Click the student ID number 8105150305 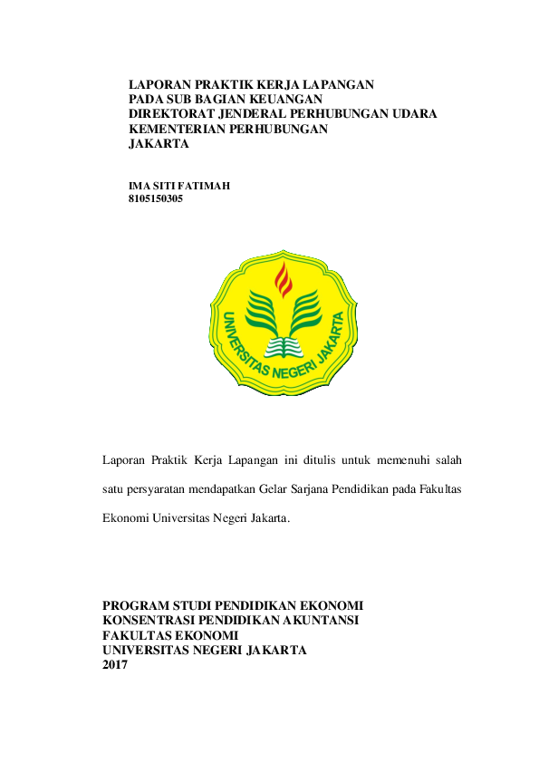point(156,198)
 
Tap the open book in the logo point(285,346)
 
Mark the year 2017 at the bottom point(115,665)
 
